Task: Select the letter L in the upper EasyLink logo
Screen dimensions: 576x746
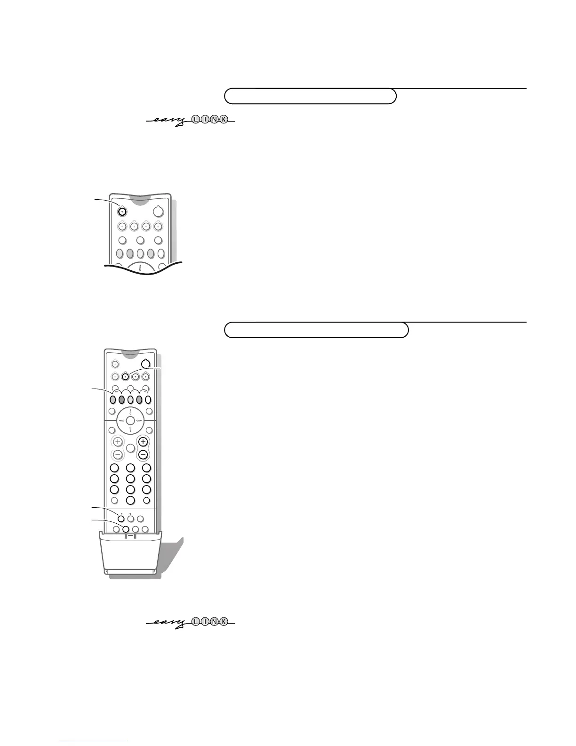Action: click(195, 120)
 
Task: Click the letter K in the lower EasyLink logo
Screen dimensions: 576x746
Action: click(224, 622)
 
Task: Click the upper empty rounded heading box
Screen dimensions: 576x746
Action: click(310, 96)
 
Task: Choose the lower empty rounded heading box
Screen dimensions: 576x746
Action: click(316, 330)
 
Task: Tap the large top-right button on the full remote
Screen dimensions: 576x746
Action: click(145, 364)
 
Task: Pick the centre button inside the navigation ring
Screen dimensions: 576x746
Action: click(130, 420)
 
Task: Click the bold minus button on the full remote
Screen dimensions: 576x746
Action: click(143, 455)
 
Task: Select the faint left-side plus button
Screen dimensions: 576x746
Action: click(117, 442)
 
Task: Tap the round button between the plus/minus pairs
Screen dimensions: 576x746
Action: click(130, 448)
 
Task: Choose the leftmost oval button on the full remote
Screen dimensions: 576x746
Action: click(113, 400)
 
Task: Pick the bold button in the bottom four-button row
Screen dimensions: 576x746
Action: click(125, 529)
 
